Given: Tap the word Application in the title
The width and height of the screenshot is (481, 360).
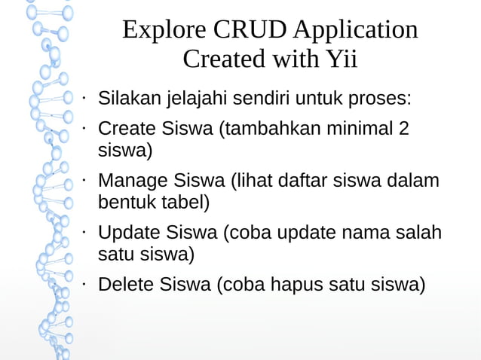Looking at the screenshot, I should pos(356,30).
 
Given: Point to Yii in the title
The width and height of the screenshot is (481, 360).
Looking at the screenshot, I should pos(340,59).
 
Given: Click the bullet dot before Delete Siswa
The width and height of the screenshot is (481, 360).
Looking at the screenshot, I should pos(85,285).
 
